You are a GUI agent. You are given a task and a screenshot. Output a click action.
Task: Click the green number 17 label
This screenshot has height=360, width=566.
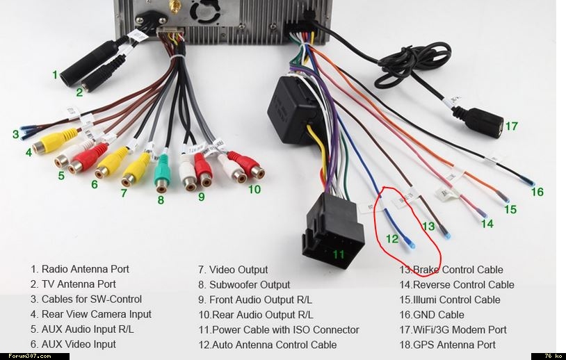(512, 126)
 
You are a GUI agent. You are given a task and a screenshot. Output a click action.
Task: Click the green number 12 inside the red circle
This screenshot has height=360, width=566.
(392, 239)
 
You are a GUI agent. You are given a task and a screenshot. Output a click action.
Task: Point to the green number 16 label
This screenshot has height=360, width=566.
(537, 192)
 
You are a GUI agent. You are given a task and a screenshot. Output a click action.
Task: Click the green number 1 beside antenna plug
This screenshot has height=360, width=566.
(55, 74)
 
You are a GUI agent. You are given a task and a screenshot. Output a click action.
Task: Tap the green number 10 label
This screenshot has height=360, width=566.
(254, 188)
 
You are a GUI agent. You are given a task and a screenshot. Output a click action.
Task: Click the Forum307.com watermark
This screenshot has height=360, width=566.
(26, 356)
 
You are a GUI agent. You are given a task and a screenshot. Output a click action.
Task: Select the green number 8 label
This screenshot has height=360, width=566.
(161, 200)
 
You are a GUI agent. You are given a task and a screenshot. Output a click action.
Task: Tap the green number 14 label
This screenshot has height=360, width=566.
(487, 224)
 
